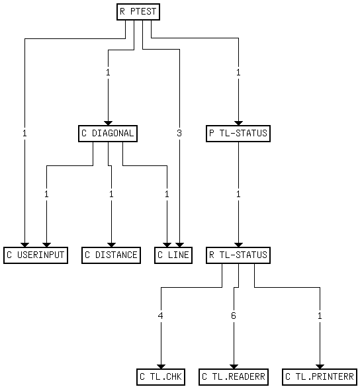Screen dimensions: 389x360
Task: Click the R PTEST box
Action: tap(138, 12)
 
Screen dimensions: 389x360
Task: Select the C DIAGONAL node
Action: tap(107, 134)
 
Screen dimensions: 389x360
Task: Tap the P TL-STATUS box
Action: tap(238, 134)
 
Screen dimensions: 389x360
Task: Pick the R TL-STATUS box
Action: tap(238, 255)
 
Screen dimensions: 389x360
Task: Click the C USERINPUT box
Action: tap(36, 255)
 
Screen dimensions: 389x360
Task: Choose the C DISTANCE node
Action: tap(111, 255)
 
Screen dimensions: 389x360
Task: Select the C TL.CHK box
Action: tap(161, 377)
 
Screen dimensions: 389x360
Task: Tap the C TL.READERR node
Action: tap(234, 377)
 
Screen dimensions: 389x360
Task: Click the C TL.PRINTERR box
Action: tap(320, 377)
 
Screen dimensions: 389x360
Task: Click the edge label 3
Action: tap(179, 134)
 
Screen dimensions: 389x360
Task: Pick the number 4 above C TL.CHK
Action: tap(161, 316)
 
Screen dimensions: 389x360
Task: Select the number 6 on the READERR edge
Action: tap(234, 316)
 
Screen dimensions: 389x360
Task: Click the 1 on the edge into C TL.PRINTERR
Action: tap(320, 316)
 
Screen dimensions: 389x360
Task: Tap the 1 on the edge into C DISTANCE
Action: tap(111, 194)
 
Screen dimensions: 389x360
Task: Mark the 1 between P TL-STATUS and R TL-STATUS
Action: tap(238, 194)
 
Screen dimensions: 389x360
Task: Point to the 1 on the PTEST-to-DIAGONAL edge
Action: tap(107, 72)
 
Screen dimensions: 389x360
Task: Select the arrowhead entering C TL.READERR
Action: tap(234, 366)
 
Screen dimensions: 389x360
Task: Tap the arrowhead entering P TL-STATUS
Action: tap(238, 122)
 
